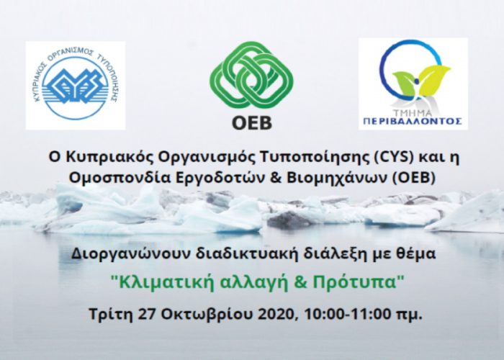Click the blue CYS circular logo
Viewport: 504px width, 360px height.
tap(76, 84)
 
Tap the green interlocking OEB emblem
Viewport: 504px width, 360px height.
tap(252, 75)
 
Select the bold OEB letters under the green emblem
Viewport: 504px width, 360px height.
tap(252, 123)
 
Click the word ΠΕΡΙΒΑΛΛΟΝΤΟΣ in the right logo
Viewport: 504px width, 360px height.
tap(413, 121)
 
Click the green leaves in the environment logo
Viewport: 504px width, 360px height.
tap(421, 81)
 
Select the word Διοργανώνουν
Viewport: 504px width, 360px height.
tap(131, 254)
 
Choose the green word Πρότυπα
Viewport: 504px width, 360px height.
tap(358, 282)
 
